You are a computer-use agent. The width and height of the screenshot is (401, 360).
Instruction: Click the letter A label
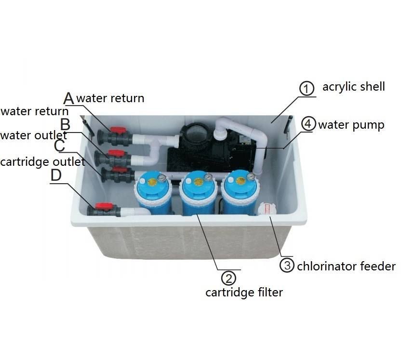[x=69, y=98]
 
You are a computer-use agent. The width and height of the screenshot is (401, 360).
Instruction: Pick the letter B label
[x=65, y=124]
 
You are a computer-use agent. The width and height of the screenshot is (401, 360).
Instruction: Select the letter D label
[x=56, y=175]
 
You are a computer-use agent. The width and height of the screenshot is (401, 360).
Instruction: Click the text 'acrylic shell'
[x=354, y=87]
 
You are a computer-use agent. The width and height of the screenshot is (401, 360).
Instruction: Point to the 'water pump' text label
[x=351, y=125]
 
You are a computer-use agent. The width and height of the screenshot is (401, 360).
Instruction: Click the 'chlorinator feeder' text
[x=346, y=266]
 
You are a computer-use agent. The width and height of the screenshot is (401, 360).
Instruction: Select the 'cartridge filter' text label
[x=244, y=292]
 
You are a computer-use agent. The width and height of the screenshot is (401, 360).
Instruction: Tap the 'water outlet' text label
[x=33, y=135]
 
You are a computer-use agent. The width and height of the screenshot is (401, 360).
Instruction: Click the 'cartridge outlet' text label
[x=42, y=161]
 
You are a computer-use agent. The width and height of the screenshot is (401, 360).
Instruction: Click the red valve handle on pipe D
[x=103, y=206]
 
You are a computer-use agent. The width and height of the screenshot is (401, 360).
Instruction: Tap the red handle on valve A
[x=118, y=130]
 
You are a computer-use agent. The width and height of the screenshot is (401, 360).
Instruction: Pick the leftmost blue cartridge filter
[x=153, y=195]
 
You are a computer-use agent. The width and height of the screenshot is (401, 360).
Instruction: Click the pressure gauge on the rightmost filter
[x=250, y=176]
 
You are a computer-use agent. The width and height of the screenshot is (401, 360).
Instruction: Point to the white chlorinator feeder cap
[x=266, y=209]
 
